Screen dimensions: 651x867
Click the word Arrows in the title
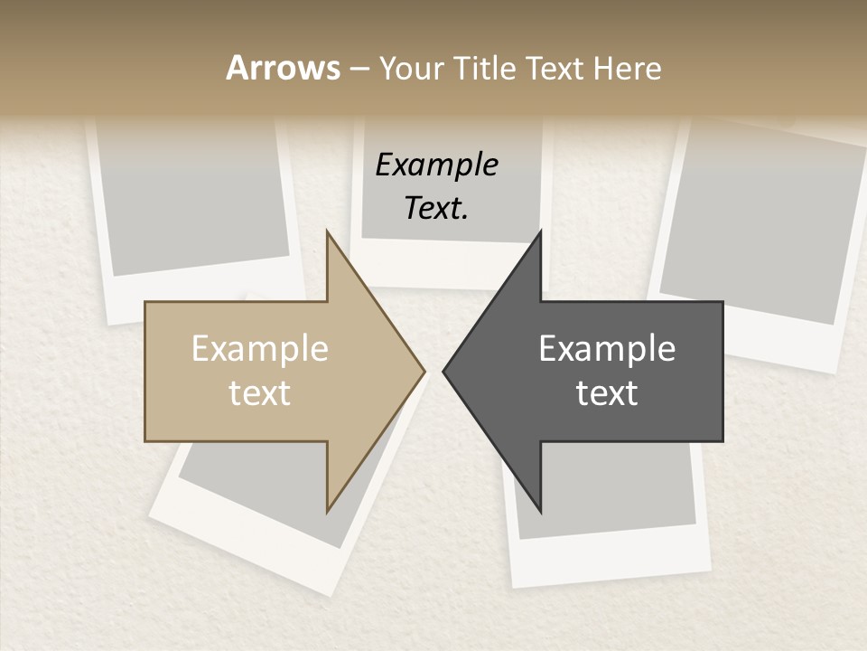[283, 68]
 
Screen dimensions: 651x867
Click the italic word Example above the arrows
[436, 165]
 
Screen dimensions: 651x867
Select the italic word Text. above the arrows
[436, 208]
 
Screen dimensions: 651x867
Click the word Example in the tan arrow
[260, 349]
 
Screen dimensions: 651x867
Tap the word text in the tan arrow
[260, 393]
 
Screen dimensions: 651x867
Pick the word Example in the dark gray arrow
[607, 349]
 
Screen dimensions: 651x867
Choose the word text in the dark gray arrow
[607, 393]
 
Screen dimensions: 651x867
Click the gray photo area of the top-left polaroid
[190, 199]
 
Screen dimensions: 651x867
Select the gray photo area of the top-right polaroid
[759, 226]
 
